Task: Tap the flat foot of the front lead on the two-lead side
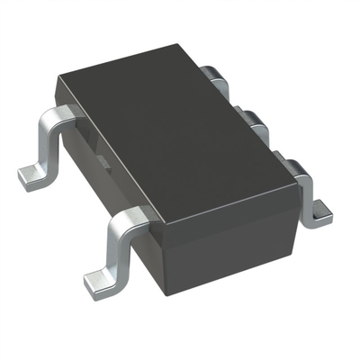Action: point(101,283)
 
